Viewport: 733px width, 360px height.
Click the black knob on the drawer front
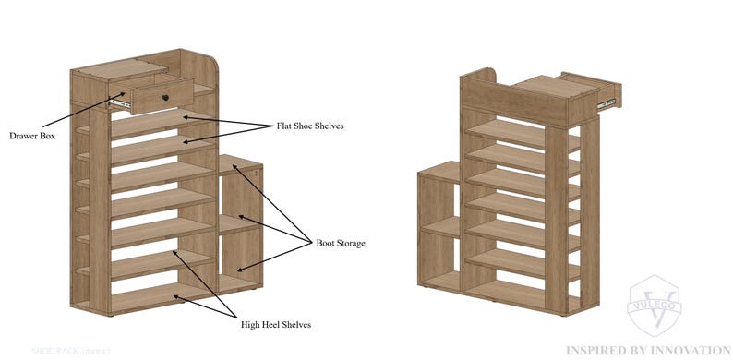pyautogui.click(x=167, y=97)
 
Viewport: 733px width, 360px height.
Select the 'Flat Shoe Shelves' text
pyautogui.click(x=310, y=126)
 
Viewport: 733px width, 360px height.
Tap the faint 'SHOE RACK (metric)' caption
pyautogui.click(x=70, y=351)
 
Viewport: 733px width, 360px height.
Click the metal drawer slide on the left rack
pyautogui.click(x=116, y=103)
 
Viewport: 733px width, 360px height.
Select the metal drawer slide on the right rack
pyautogui.click(x=607, y=104)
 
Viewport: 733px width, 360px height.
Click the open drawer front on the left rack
pyautogui.click(x=152, y=93)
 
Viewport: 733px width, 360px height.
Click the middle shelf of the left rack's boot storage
pyautogui.click(x=238, y=222)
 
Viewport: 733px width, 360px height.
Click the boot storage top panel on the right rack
pyautogui.click(x=439, y=169)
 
